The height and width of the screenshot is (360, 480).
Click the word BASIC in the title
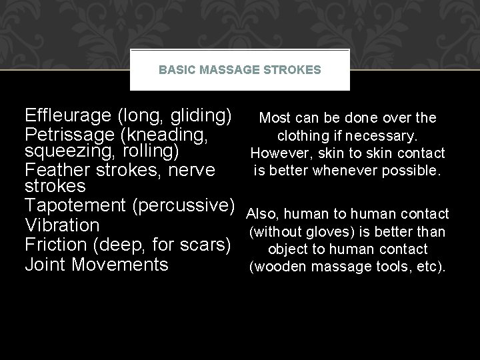click(x=173, y=69)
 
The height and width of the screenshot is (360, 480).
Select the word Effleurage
click(x=67, y=115)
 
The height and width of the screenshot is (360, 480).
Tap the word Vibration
click(x=62, y=225)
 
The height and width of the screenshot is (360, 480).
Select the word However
click(x=276, y=153)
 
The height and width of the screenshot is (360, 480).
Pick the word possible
click(x=414, y=171)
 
